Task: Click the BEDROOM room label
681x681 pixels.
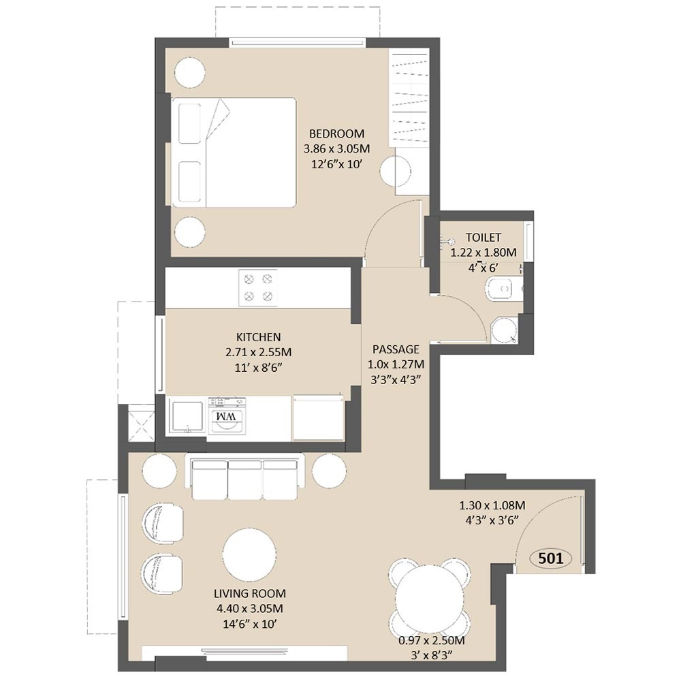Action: tap(336, 133)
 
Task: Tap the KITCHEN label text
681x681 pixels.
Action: tap(258, 337)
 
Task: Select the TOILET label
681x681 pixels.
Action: tap(484, 238)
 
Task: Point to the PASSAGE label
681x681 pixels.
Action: tap(396, 349)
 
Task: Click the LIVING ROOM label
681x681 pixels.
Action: tap(250, 593)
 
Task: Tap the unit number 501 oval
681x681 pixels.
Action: tap(551, 558)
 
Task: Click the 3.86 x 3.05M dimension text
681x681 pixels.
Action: tap(336, 148)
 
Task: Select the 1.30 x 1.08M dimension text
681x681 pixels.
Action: tap(492, 505)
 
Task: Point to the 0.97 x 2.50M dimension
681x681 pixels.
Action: tap(432, 640)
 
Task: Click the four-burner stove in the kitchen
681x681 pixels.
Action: tap(258, 287)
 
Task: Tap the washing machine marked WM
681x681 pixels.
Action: tap(227, 416)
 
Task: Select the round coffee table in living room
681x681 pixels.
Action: tap(249, 555)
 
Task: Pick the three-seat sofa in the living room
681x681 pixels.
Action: tap(245, 477)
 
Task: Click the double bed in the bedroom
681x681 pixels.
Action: tap(234, 153)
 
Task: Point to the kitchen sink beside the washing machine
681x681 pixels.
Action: tap(187, 417)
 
